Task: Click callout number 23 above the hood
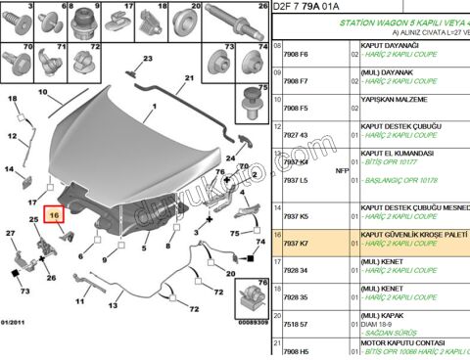[x=149, y=59]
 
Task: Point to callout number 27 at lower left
[x=11, y=233]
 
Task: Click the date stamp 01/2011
[x=16, y=321]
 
